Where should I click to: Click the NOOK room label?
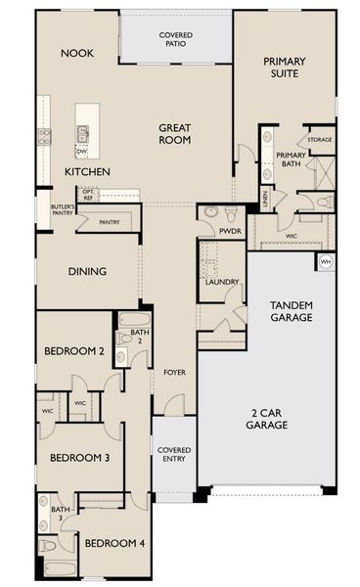pyautogui.click(x=76, y=53)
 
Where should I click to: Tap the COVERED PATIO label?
pyautogui.click(x=175, y=40)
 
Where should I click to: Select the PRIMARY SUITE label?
pyautogui.click(x=285, y=68)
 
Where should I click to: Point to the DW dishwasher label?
pyautogui.click(x=81, y=152)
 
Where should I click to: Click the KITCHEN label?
pyautogui.click(x=87, y=172)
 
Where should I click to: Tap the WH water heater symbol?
pyautogui.click(x=325, y=261)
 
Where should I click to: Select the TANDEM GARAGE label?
pyautogui.click(x=292, y=311)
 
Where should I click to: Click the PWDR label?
pyautogui.click(x=230, y=232)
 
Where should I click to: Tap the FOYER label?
pyautogui.click(x=174, y=373)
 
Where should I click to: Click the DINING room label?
pyautogui.click(x=87, y=272)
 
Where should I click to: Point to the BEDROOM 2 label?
pyautogui.click(x=74, y=350)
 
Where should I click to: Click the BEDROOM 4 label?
pyautogui.click(x=113, y=543)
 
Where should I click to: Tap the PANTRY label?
pyautogui.click(x=110, y=222)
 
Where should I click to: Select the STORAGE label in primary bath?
pyautogui.click(x=319, y=140)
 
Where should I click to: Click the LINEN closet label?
pyautogui.click(x=264, y=199)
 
